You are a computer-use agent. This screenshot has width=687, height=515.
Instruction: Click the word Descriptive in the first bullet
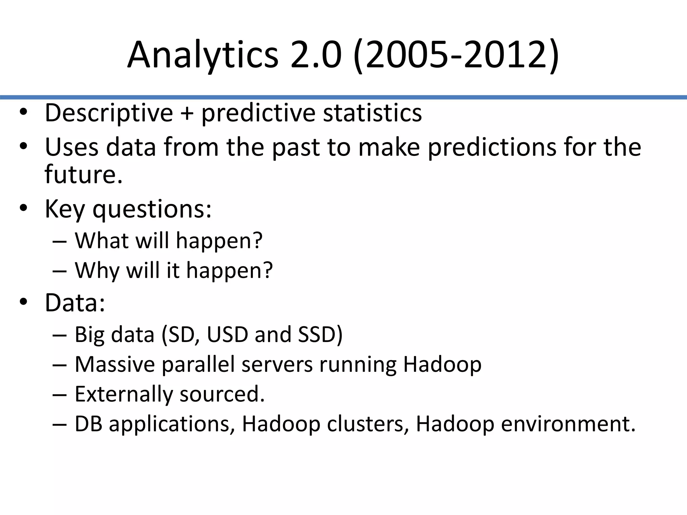(109, 113)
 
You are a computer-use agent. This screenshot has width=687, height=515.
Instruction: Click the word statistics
(372, 113)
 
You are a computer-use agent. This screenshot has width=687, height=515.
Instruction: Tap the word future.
(83, 175)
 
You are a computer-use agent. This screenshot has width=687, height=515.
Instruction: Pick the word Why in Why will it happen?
(97, 270)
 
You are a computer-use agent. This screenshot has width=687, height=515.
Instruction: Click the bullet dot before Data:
(23, 302)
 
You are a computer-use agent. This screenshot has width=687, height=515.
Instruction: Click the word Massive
(114, 364)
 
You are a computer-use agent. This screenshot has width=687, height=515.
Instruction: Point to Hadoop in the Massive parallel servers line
(442, 365)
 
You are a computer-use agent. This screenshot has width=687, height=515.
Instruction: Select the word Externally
(123, 394)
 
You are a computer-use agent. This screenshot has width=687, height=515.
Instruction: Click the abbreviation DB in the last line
(88, 424)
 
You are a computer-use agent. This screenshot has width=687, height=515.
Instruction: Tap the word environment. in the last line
(568, 424)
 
